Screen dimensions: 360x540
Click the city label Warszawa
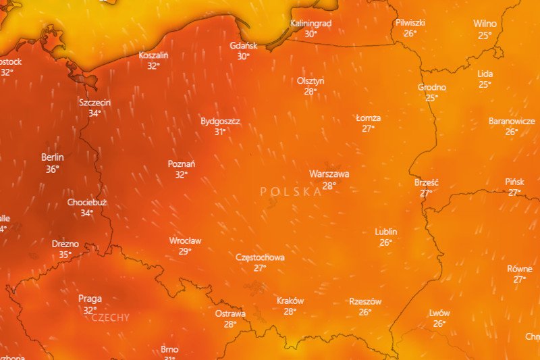[329, 174]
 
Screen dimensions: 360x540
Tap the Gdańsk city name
[244, 46]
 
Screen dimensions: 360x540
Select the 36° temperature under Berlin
[53, 170]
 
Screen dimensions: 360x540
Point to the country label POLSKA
[291, 192]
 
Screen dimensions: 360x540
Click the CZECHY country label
[110, 317]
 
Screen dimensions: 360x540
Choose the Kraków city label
[290, 301]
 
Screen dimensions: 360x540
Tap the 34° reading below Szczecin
[94, 113]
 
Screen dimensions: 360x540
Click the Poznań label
[182, 164]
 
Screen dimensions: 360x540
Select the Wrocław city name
[185, 240]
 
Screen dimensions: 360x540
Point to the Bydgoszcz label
[220, 122]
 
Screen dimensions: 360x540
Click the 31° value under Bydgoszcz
[220, 132]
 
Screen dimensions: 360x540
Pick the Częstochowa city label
[260, 257]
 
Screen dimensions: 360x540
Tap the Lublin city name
[386, 232]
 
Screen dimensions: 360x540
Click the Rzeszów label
[365, 302]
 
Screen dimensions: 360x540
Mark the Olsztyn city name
[310, 81]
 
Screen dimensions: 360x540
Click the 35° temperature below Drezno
[65, 255]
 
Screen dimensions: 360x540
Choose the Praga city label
[90, 299]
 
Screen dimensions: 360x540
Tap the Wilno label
[485, 24]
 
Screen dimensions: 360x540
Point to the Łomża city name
[369, 118]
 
